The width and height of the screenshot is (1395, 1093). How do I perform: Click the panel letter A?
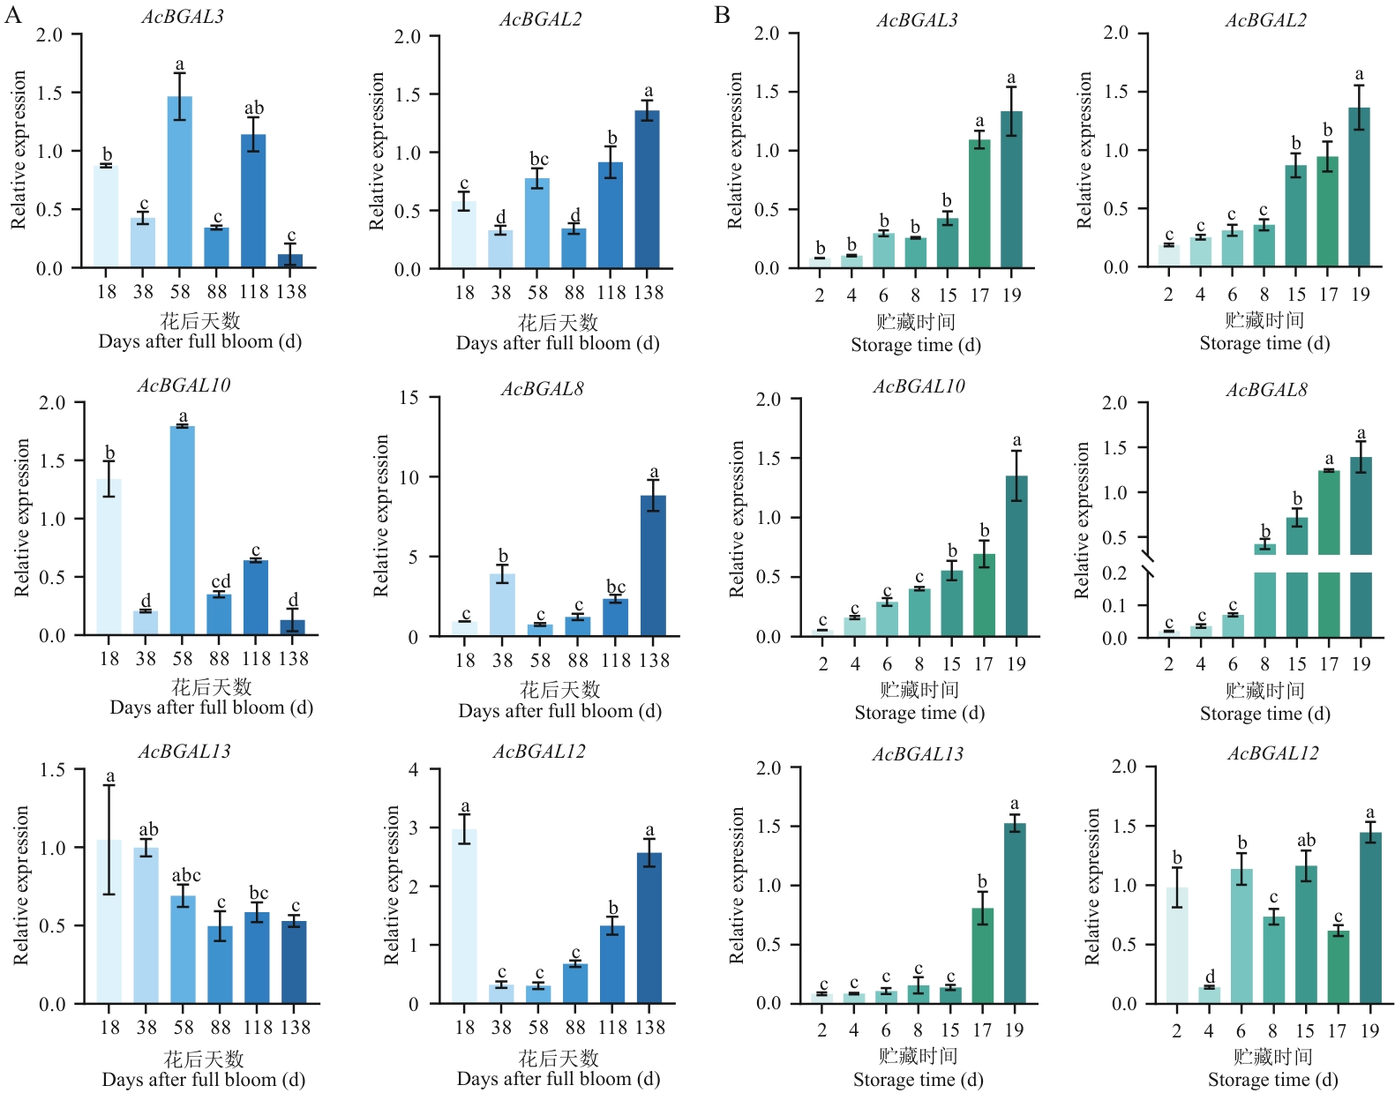pos(12,15)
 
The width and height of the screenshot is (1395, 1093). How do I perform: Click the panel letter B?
pos(722,15)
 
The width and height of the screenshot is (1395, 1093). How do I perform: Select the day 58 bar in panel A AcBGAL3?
pos(180,182)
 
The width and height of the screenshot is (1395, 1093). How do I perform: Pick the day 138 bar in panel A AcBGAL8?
pos(653,565)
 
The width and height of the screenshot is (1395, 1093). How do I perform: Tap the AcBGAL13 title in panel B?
pos(918,754)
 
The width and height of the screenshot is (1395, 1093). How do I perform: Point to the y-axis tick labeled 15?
pos(409,398)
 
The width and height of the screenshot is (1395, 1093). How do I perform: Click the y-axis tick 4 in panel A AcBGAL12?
pos(413,769)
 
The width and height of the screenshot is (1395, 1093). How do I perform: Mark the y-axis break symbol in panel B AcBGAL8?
pos(1147,564)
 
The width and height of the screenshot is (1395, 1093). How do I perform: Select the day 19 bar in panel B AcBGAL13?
pos(1015,913)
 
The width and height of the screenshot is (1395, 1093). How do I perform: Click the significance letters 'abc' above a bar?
pos(185,875)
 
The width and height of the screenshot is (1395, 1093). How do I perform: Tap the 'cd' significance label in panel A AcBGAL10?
pos(221,581)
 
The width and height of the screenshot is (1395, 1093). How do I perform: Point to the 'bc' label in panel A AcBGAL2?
pos(538,159)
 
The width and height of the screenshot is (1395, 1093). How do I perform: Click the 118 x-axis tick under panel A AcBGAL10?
pos(256,658)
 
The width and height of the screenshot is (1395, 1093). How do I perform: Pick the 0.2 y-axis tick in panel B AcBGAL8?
pos(1114,573)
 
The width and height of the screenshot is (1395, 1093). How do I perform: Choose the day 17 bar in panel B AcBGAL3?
pos(979,204)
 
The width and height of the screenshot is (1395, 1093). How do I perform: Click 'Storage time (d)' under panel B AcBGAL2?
pos(1264,343)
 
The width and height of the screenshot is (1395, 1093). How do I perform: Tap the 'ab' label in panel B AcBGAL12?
pos(1306,841)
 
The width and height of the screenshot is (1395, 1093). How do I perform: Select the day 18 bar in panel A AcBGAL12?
pos(464,916)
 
